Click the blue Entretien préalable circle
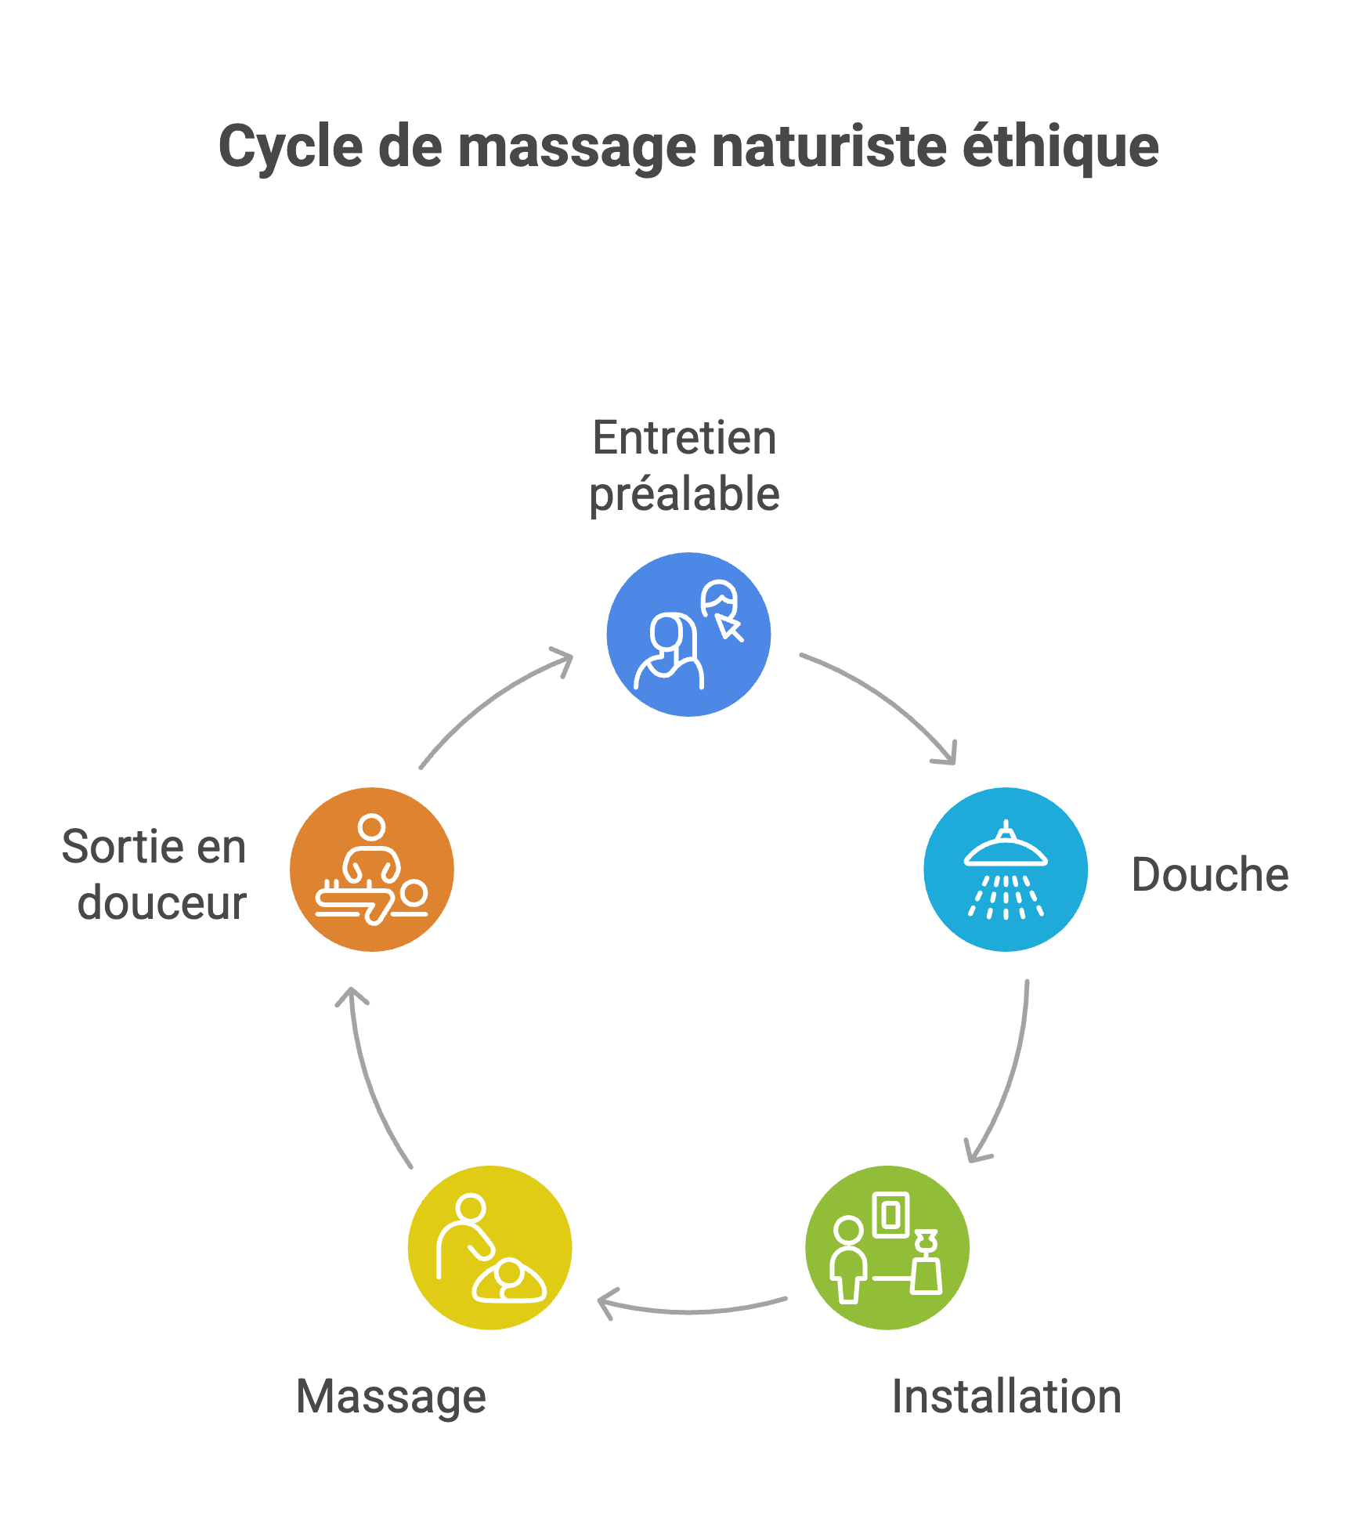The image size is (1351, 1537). tap(688, 635)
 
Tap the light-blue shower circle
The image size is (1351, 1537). tap(1006, 870)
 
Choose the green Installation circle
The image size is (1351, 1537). tap(887, 1247)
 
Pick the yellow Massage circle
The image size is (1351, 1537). tap(490, 1247)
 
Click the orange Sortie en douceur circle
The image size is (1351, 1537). tap(372, 870)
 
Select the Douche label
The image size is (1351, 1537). tap(1210, 875)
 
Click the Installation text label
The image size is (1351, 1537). tap(1006, 1397)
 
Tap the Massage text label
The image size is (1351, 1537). tap(392, 1397)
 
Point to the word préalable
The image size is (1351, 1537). tap(685, 494)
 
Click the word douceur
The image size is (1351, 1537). tap(162, 903)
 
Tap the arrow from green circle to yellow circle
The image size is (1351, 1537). tap(689, 1310)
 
